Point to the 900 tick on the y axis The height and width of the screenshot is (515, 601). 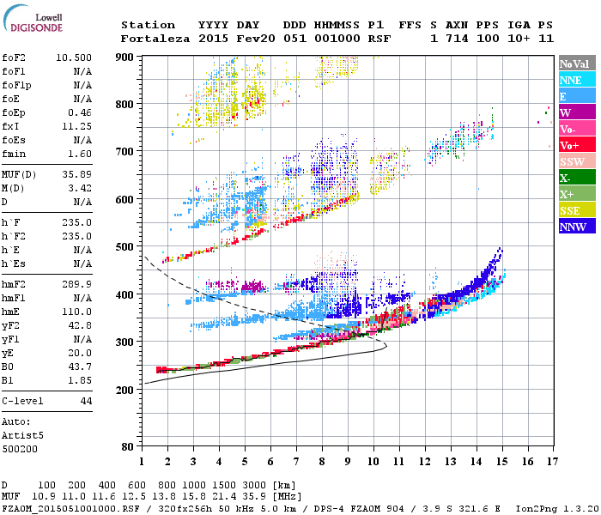click(124, 57)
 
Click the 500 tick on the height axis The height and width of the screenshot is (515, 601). click(124, 247)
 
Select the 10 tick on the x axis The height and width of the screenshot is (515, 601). click(372, 463)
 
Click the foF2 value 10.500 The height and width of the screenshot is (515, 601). click(74, 58)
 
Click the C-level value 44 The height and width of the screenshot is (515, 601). click(86, 401)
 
